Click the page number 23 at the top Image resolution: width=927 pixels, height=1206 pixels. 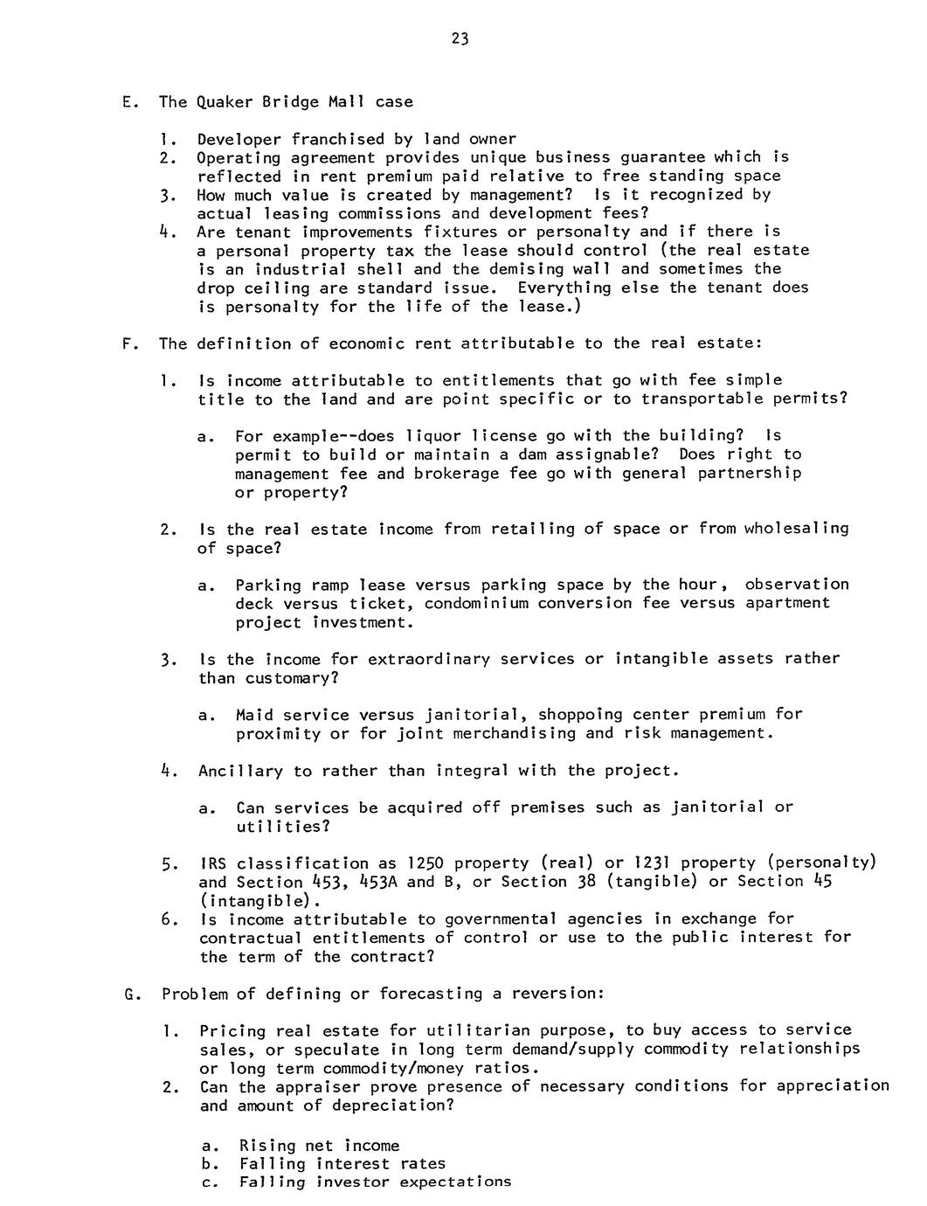[x=461, y=38]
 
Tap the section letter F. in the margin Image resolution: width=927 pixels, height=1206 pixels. [x=129, y=343]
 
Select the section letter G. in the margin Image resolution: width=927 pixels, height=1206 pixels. [x=132, y=994]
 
